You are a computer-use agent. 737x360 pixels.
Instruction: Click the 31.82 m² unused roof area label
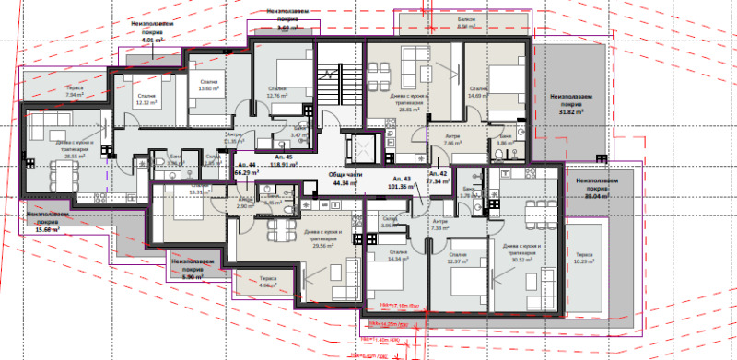tap(571, 102)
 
